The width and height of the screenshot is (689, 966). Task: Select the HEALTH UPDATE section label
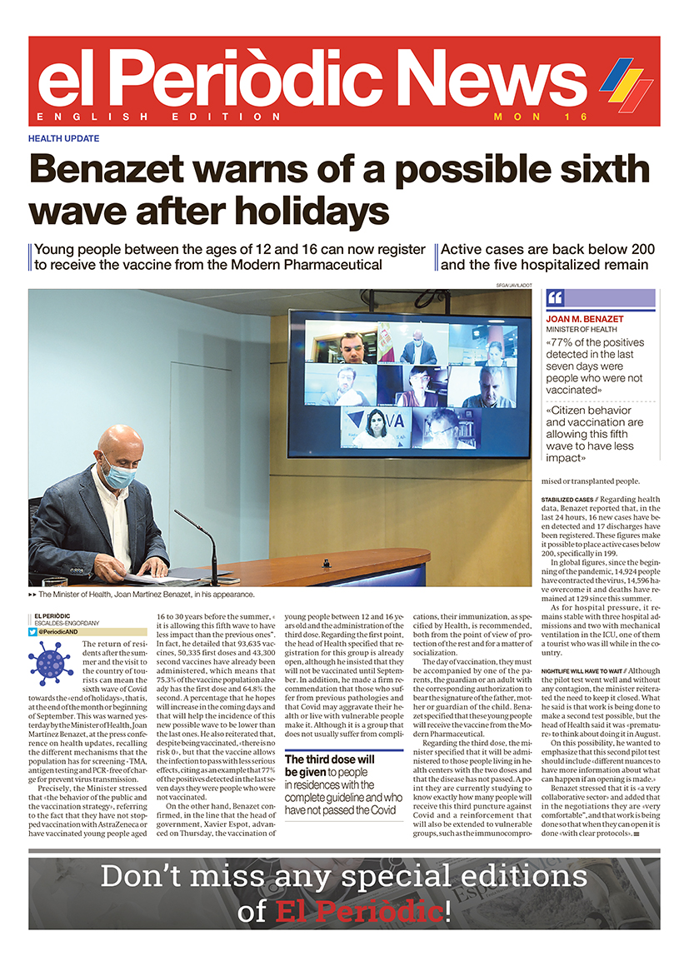63,138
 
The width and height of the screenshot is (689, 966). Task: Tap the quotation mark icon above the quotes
557,299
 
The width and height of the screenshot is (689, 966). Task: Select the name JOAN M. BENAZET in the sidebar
586,319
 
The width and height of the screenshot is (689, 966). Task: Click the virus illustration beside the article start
51,661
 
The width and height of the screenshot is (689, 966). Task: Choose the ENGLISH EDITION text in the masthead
159,117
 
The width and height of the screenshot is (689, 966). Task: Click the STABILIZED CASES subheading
568,499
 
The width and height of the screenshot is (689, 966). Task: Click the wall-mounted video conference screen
408,383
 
